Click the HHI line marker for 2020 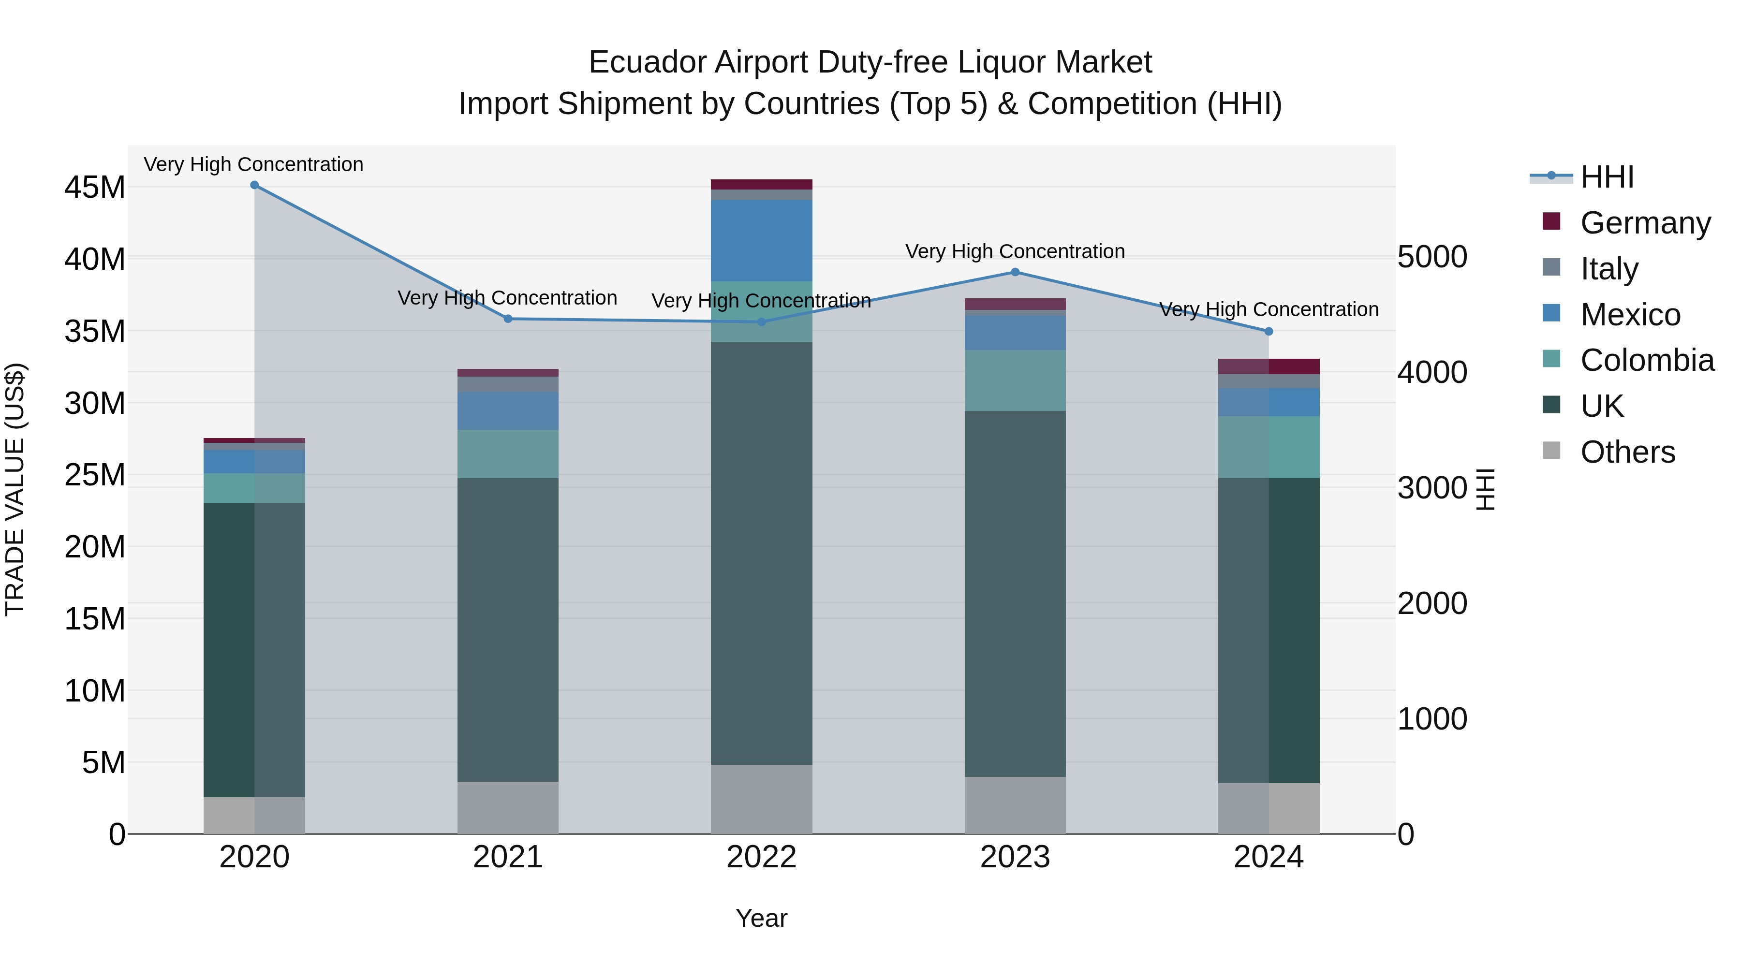pyautogui.click(x=254, y=185)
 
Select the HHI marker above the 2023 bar pyautogui.click(x=1015, y=272)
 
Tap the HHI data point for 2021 pyautogui.click(x=508, y=319)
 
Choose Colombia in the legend pyautogui.click(x=1646, y=360)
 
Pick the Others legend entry pyautogui.click(x=1627, y=452)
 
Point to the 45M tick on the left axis pyautogui.click(x=95, y=188)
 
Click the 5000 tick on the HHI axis pyautogui.click(x=1432, y=257)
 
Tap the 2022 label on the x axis pyautogui.click(x=761, y=857)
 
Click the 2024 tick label pyautogui.click(x=1268, y=857)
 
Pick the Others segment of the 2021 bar pyautogui.click(x=508, y=807)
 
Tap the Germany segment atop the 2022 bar pyautogui.click(x=761, y=185)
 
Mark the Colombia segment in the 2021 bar pyautogui.click(x=508, y=454)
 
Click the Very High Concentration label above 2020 pyautogui.click(x=253, y=165)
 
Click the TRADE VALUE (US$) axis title pyautogui.click(x=15, y=489)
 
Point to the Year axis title pyautogui.click(x=761, y=918)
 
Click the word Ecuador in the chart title pyautogui.click(x=648, y=63)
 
